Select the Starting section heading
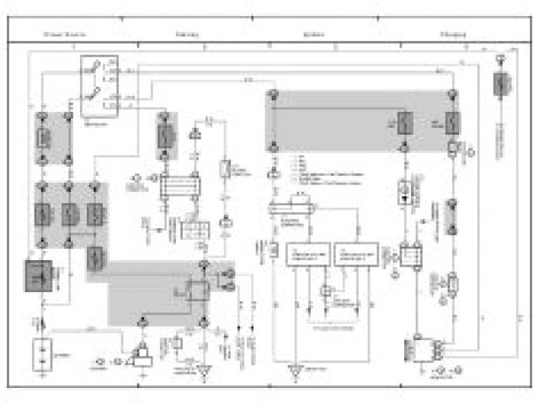pos(187,35)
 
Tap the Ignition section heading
pos(313,35)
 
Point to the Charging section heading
pos(455,35)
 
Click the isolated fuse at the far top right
pos(500,84)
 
